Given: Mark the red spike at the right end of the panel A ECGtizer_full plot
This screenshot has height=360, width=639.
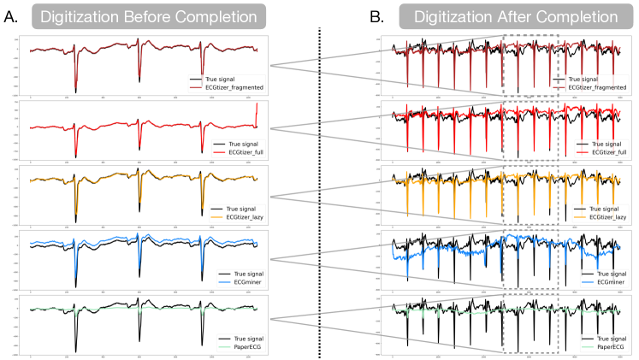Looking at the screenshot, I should [257, 109].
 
